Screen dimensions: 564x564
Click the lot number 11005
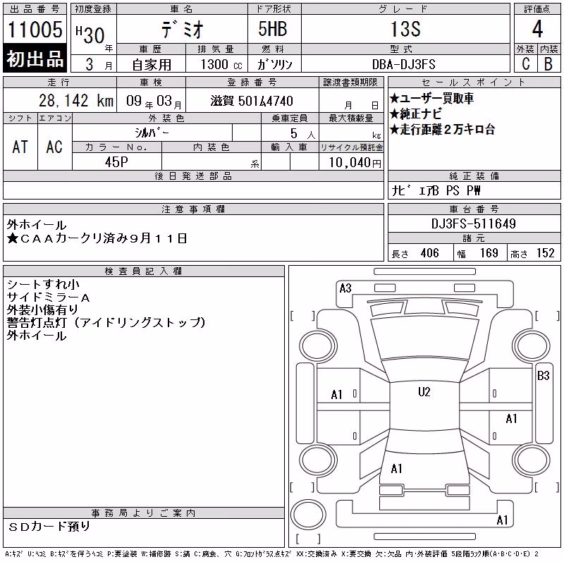tap(35, 30)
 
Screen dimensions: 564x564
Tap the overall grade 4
tap(537, 29)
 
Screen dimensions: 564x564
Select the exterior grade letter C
tap(526, 63)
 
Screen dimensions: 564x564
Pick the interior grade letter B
tap(548, 63)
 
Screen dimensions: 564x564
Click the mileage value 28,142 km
tap(76, 101)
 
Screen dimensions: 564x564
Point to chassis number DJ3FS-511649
tap(473, 223)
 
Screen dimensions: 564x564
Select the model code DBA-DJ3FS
tap(403, 64)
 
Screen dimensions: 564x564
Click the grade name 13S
tap(405, 29)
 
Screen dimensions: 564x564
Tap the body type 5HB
tap(273, 29)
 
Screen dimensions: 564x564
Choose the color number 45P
tap(116, 162)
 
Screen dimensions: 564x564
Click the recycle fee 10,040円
tap(355, 163)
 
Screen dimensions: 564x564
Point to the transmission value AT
tap(20, 147)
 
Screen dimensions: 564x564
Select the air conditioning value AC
tap(54, 147)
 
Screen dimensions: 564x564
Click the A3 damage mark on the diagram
tap(345, 288)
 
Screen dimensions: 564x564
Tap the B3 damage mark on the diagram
tap(543, 376)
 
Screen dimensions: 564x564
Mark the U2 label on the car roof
tap(424, 392)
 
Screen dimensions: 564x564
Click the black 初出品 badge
tap(35, 59)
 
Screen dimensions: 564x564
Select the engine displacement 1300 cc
tap(221, 64)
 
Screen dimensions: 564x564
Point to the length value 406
tap(429, 253)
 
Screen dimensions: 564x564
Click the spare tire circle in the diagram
tap(308, 514)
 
